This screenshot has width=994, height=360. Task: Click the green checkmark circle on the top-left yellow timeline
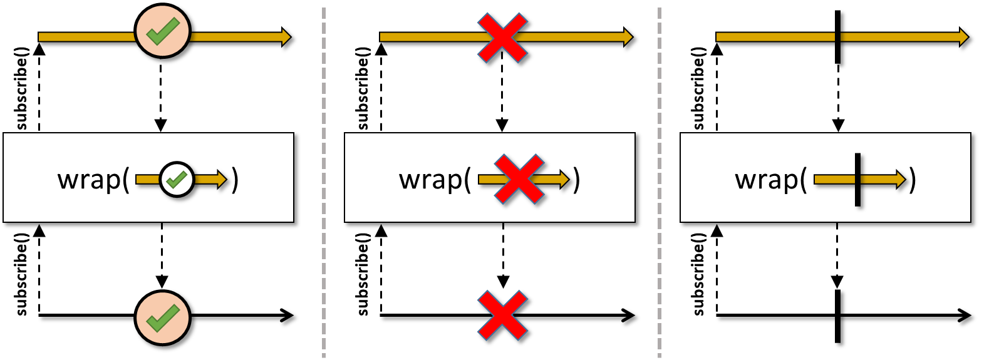(x=162, y=31)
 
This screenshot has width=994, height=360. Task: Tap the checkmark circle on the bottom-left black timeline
(x=162, y=317)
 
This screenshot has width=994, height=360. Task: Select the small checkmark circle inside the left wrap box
(x=177, y=180)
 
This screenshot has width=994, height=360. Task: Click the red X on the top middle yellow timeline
(x=502, y=38)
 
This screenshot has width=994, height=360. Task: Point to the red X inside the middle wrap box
(x=519, y=179)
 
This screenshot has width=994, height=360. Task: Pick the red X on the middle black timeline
(x=502, y=316)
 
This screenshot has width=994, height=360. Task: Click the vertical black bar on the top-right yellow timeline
(x=838, y=37)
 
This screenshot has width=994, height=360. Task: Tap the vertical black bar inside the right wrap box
(x=857, y=180)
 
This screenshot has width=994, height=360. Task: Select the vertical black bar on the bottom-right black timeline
(x=838, y=316)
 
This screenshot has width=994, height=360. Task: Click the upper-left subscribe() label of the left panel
(x=22, y=88)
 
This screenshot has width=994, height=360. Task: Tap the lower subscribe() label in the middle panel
(x=363, y=274)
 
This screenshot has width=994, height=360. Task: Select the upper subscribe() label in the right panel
(x=699, y=88)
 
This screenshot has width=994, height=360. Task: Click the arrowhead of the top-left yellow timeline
(x=286, y=37)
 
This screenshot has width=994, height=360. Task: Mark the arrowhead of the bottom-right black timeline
(x=965, y=316)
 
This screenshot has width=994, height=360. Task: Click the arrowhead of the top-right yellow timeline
(x=963, y=37)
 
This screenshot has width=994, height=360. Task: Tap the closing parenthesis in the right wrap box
(x=913, y=180)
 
